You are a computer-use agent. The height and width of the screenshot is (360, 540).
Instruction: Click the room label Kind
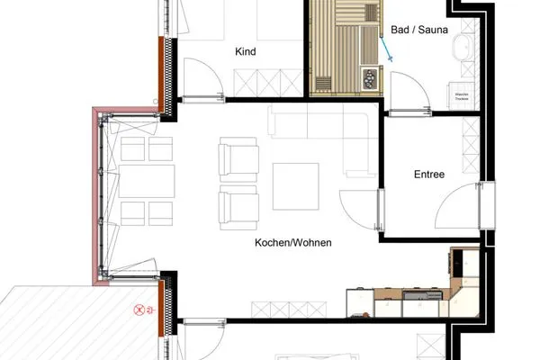[x=245, y=52]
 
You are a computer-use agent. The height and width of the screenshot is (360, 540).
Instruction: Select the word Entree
[x=429, y=174]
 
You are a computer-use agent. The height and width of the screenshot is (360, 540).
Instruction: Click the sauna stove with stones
[x=370, y=79]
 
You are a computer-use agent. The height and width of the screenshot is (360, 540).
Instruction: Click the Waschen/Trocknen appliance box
[x=462, y=94]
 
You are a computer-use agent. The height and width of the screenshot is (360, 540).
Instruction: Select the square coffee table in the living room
[x=296, y=185]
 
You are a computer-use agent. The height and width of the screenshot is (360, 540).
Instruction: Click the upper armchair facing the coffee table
[x=238, y=159]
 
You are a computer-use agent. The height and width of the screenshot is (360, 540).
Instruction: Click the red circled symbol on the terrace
[x=139, y=310]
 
